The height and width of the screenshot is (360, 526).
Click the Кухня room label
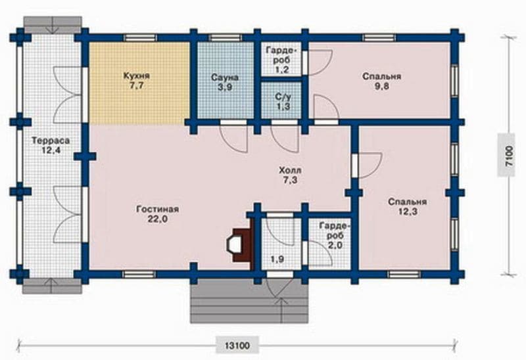[136, 76]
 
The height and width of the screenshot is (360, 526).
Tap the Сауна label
[225, 78]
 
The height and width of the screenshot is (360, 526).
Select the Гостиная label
[157, 209]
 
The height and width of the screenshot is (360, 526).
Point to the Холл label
[289, 170]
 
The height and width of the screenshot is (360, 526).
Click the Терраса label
[51, 141]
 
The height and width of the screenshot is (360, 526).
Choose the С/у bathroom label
[283, 97]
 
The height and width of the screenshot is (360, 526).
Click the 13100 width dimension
[237, 346]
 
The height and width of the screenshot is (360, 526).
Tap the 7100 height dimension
[509, 156]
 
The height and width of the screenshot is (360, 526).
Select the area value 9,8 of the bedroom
[382, 87]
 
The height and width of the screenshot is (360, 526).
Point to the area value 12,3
[408, 212]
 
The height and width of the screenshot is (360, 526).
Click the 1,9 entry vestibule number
[277, 259]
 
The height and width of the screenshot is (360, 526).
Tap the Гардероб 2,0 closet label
[335, 235]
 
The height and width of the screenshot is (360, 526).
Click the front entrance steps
[249, 301]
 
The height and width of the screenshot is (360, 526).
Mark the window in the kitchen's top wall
[140, 37]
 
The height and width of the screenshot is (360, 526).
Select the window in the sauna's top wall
[225, 37]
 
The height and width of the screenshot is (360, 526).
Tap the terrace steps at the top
[53, 25]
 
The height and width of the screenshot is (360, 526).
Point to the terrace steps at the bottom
[52, 286]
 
